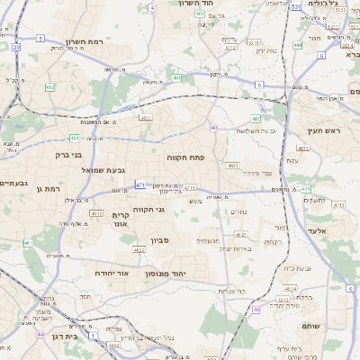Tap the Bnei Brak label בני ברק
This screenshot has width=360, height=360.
pyautogui.click(x=76, y=154)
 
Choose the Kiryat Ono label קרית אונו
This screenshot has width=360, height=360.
pyautogui.click(x=122, y=220)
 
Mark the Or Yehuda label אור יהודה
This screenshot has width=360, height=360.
pyautogui.click(x=112, y=272)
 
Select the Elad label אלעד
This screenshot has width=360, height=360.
pyautogui.click(x=320, y=230)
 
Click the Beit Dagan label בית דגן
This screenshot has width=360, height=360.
pyautogui.click(x=62, y=334)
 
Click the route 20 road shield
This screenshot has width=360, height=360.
pyautogui.click(x=17, y=46)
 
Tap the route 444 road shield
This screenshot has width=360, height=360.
pyautogui.click(x=298, y=44)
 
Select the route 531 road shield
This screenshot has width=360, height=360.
pyautogui.click(x=295, y=6)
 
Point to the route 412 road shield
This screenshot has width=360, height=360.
pyautogui.click(x=49, y=87)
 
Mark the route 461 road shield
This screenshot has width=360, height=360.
pyautogui.click(x=28, y=243)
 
